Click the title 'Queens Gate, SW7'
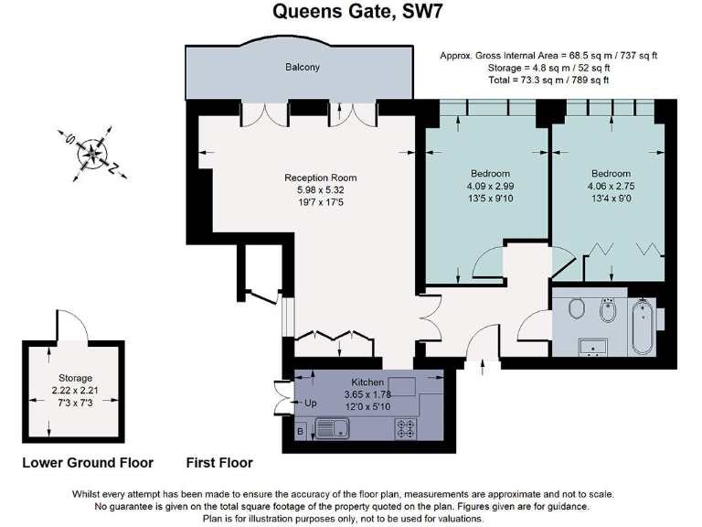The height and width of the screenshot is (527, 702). coord(351,13)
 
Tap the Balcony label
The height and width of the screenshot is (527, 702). coord(303,68)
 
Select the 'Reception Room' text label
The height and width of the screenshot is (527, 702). coord(320,177)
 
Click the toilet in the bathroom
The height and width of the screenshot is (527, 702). coord(576,311)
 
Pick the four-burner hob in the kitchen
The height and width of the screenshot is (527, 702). coord(405,427)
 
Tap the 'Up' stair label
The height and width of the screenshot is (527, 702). coord(310,403)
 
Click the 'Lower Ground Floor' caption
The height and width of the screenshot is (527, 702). coord(88,463)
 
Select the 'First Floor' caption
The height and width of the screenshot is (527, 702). coord(219,463)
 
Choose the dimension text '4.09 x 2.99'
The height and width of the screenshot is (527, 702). coord(490,187)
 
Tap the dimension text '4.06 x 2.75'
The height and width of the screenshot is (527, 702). coord(611,187)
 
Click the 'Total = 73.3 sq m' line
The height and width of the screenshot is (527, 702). coord(548,81)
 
